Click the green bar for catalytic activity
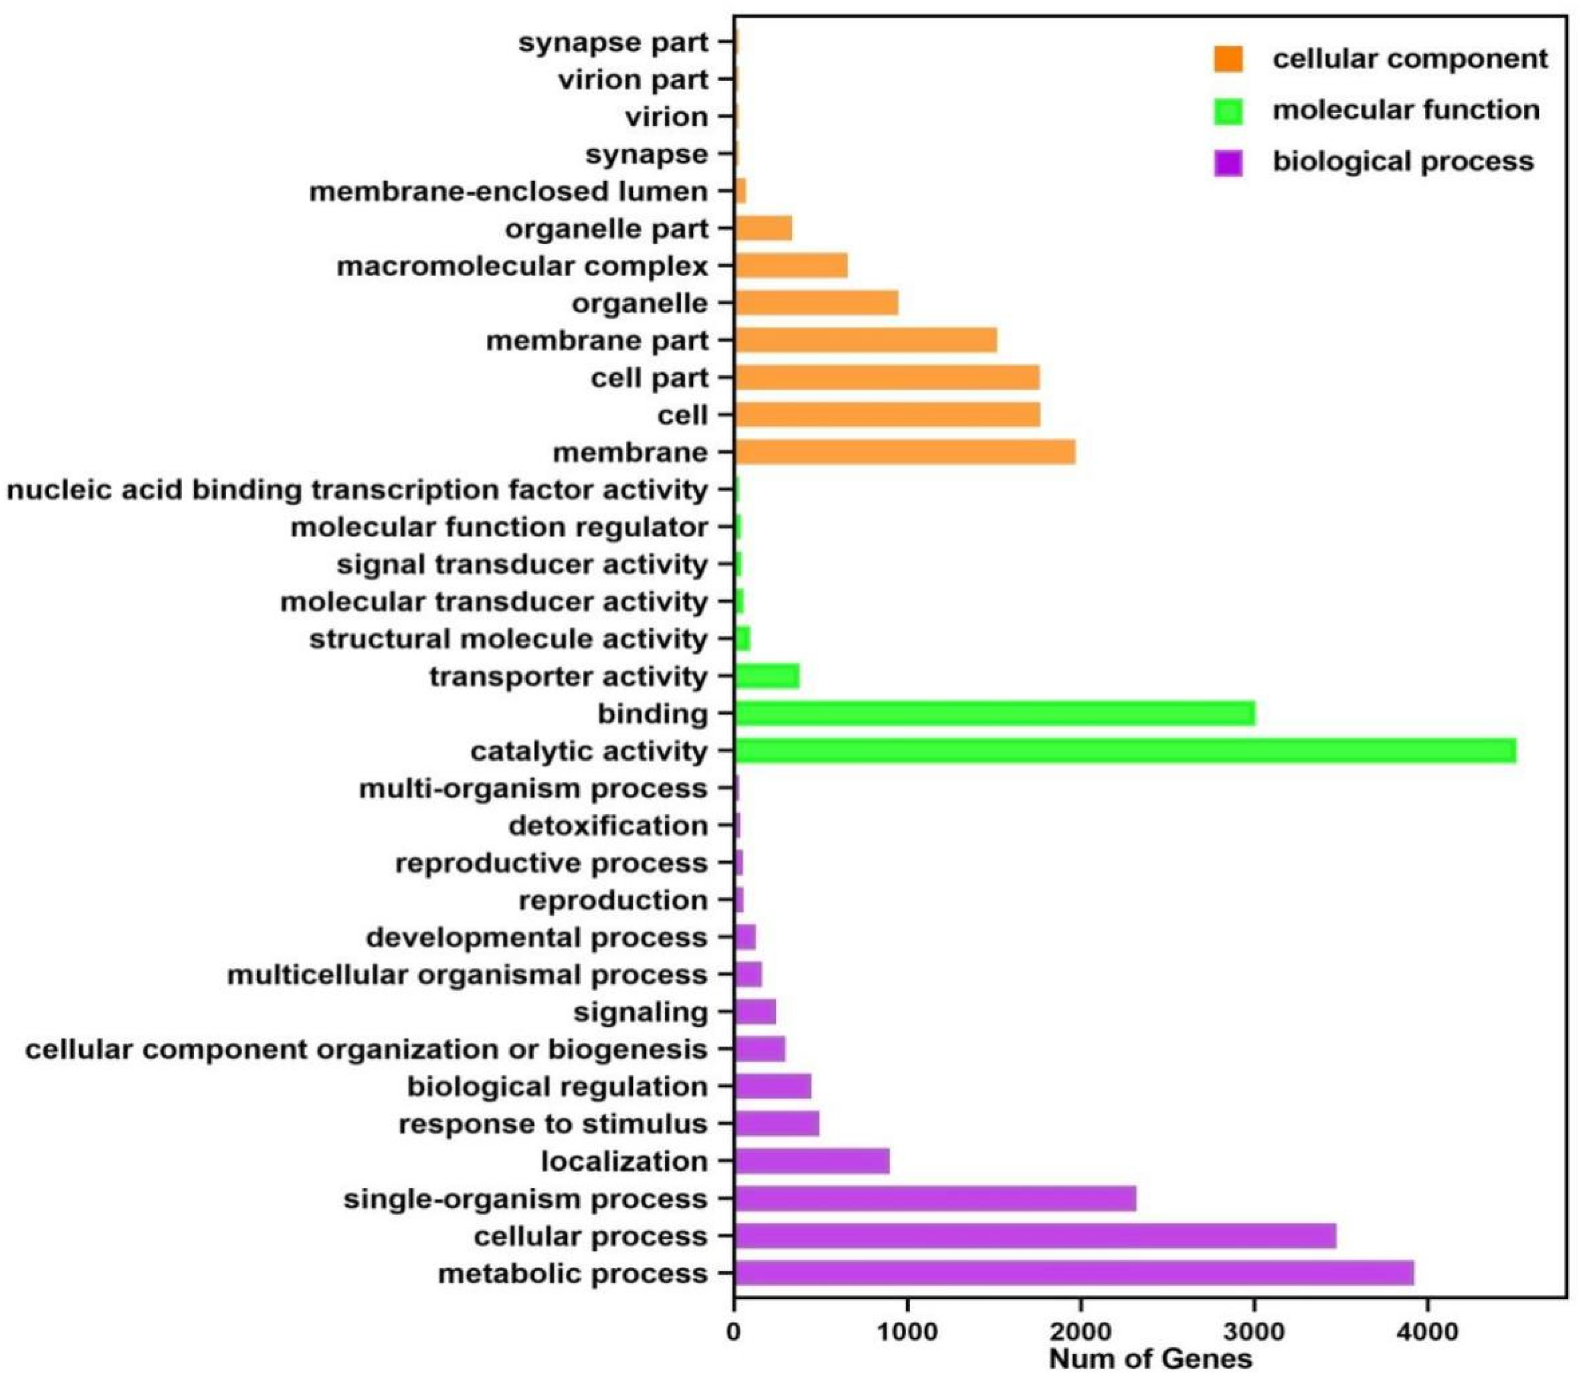(x=1124, y=751)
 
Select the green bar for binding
(x=994, y=713)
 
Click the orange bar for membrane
(x=904, y=452)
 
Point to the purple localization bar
(x=811, y=1162)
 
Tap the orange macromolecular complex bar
(x=790, y=266)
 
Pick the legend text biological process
(x=1403, y=162)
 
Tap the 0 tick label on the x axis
(x=734, y=1332)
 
